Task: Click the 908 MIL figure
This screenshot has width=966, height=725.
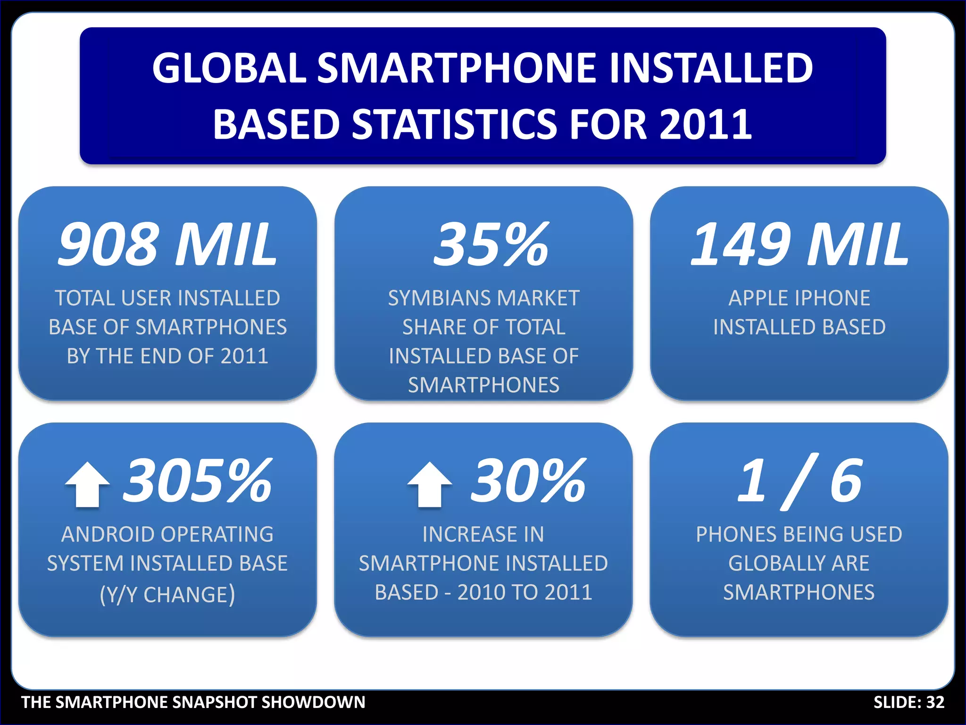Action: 167,244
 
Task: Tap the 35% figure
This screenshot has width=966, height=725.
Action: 491,244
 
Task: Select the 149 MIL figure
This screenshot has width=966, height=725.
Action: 799,244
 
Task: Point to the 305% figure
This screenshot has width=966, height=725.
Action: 197,481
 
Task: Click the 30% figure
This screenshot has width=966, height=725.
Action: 528,481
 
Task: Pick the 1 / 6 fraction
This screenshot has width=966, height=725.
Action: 799,481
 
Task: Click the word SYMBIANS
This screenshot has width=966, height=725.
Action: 439,298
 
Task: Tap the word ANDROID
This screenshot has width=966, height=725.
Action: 108,534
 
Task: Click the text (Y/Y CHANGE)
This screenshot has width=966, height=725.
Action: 167,594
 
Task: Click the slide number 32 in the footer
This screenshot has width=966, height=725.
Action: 935,702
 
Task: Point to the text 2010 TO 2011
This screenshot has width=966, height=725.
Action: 525,592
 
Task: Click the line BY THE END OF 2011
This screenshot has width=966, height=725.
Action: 167,356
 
